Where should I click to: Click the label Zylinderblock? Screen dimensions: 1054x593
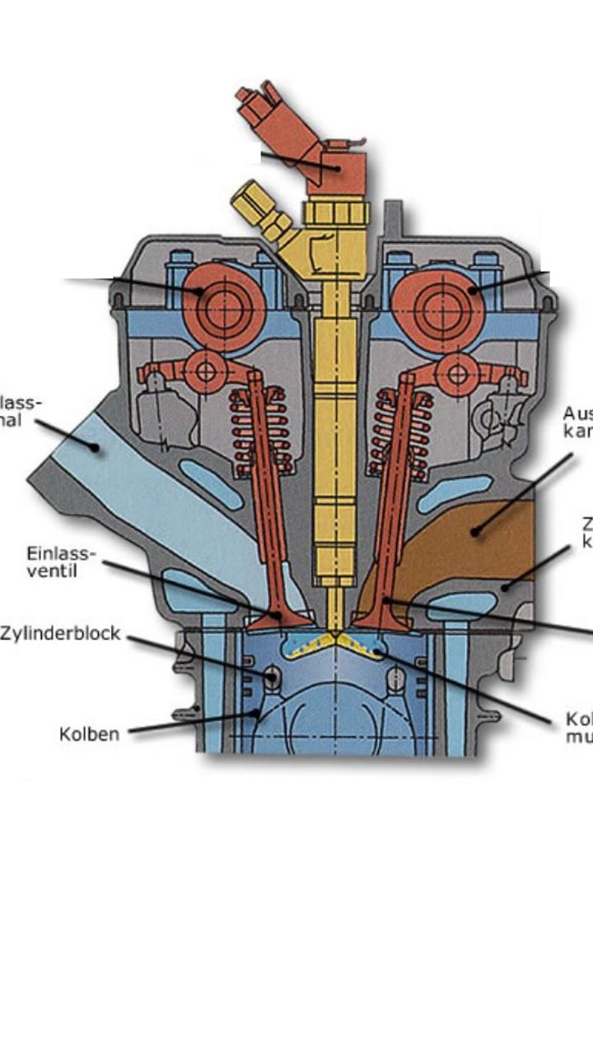pyautogui.click(x=60, y=634)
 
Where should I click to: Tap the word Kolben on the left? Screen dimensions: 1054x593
pyautogui.click(x=89, y=733)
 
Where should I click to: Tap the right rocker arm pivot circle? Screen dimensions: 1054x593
pyautogui.click(x=457, y=375)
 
